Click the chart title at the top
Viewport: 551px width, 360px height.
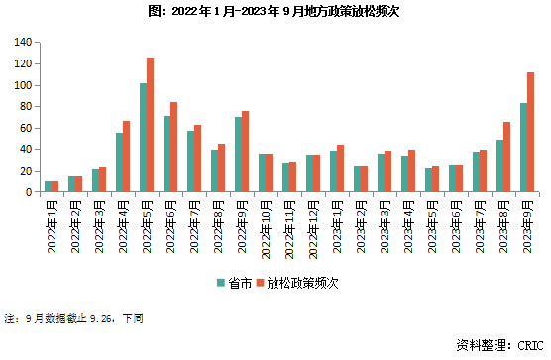[x=275, y=13]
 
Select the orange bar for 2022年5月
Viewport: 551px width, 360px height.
[x=151, y=125]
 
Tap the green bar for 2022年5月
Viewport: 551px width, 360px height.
[x=143, y=138]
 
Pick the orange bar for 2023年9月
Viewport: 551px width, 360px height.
[x=531, y=132]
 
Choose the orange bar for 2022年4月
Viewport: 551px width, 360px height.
[x=127, y=157]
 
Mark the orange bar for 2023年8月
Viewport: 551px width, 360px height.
[x=507, y=158]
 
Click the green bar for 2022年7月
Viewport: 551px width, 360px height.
[x=190, y=162]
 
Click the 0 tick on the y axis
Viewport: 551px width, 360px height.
[x=30, y=192]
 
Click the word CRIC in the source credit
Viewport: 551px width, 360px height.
[x=531, y=345]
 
